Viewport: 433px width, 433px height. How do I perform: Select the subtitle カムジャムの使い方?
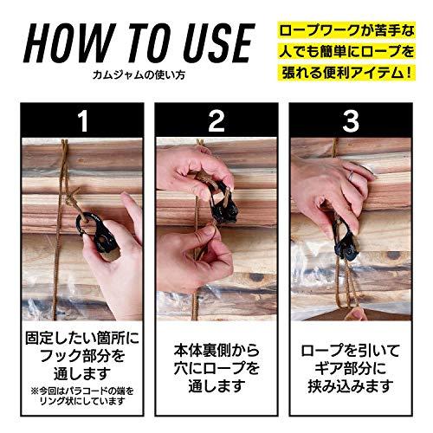[x=139, y=78]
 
